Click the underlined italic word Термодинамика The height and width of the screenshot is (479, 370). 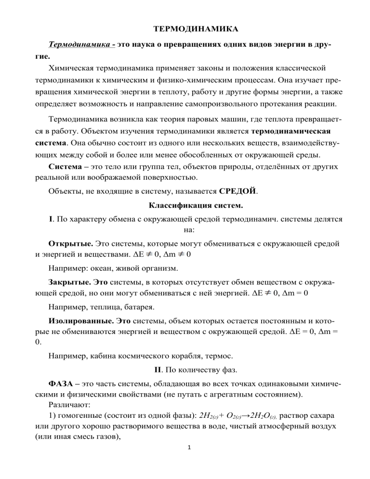80,44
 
